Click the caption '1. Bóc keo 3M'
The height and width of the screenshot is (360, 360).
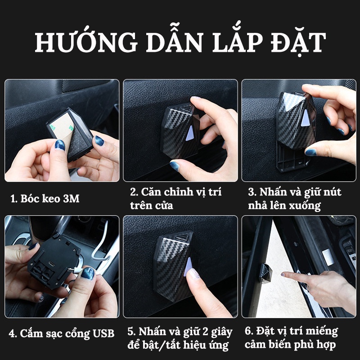[x=45, y=198]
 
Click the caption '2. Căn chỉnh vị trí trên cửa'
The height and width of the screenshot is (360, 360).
[x=176, y=198]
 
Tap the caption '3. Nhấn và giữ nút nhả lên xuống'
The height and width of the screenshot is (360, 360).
[x=294, y=198]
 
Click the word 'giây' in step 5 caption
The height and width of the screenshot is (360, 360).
[x=222, y=332]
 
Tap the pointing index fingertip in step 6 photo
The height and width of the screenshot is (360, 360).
[x=284, y=274]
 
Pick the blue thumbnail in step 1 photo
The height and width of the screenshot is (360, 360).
[x=60, y=145]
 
